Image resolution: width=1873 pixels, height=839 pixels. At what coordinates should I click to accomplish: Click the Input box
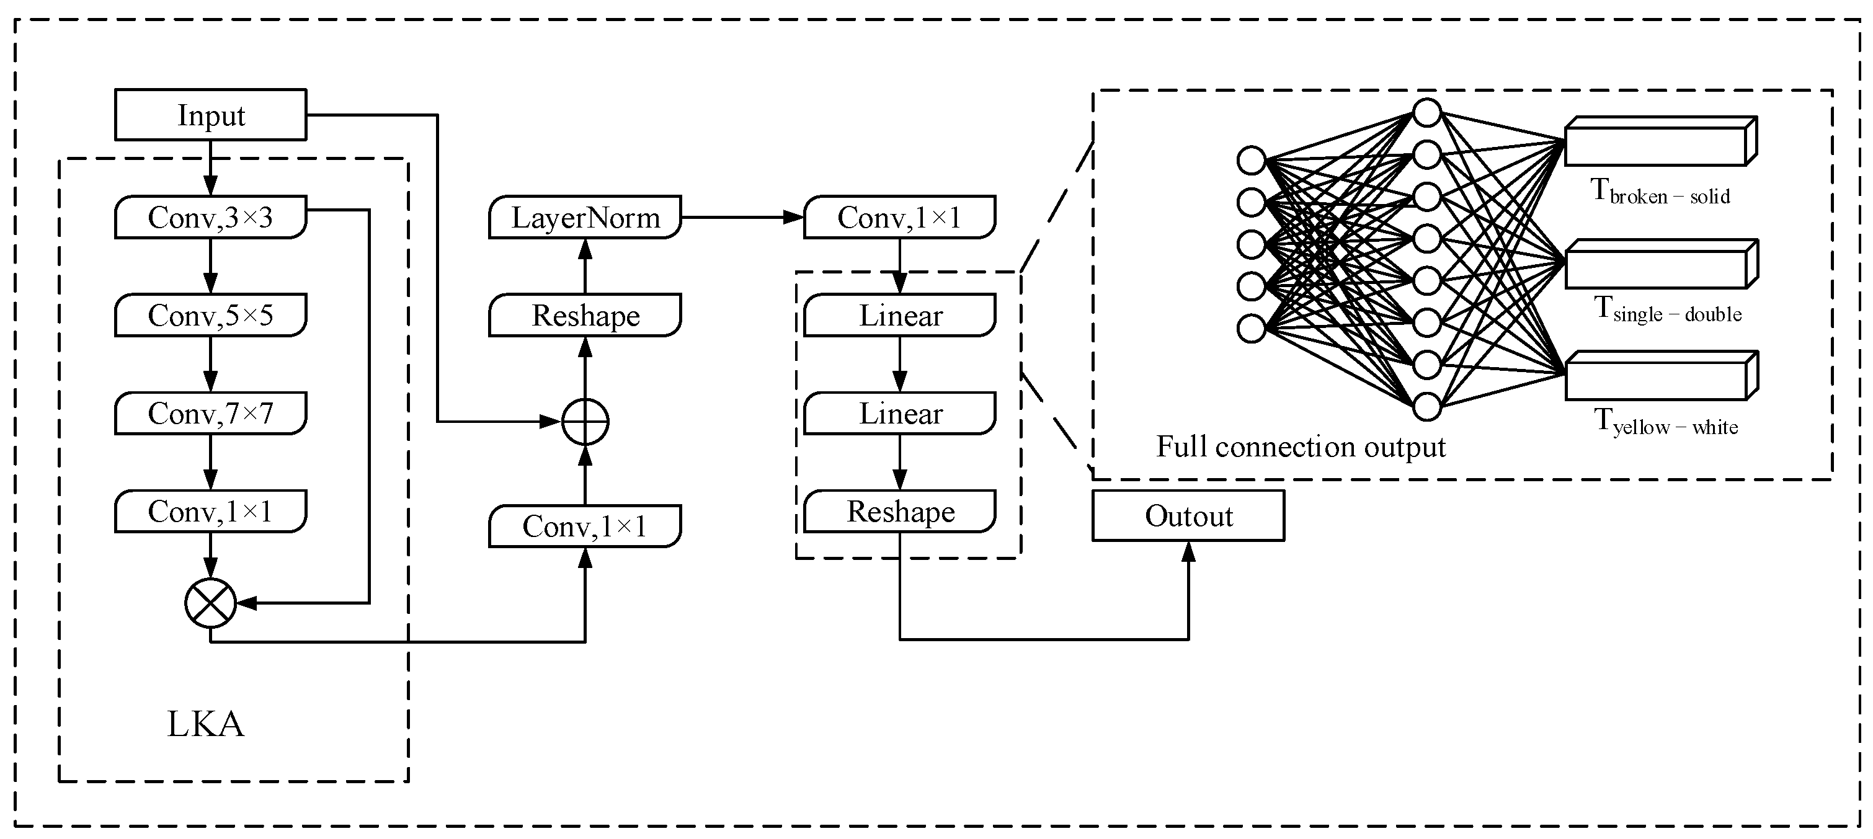point(211,115)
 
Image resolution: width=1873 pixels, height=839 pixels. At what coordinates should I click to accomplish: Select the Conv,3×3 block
point(211,216)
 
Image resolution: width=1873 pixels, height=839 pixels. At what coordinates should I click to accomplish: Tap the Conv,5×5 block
point(211,315)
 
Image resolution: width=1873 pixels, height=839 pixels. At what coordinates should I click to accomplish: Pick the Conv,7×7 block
point(211,413)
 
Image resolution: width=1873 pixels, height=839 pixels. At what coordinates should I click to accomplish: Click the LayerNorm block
point(585,216)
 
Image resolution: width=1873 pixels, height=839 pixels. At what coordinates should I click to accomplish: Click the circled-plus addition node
point(585,422)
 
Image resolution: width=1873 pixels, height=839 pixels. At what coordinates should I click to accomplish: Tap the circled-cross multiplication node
point(211,603)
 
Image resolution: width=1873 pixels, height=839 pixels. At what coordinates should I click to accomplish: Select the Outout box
point(1188,515)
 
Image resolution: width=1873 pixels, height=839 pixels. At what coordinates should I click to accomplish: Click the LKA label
point(206,724)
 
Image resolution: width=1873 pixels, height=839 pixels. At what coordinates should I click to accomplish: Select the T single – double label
point(1668,311)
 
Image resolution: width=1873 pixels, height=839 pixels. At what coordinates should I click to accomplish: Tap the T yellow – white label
point(1666,423)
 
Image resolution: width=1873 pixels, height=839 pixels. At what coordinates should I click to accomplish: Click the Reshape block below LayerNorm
point(585,315)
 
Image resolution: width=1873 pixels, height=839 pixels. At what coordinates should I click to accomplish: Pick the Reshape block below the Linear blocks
point(900,511)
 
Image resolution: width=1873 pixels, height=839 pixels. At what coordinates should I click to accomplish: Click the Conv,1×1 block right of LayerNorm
point(899,216)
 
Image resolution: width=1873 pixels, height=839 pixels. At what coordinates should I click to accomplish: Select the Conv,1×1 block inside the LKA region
point(211,511)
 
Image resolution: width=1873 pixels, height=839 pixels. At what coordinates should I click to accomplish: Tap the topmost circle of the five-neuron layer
point(1252,161)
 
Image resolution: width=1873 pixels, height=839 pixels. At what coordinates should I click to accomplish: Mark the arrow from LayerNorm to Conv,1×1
point(742,216)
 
